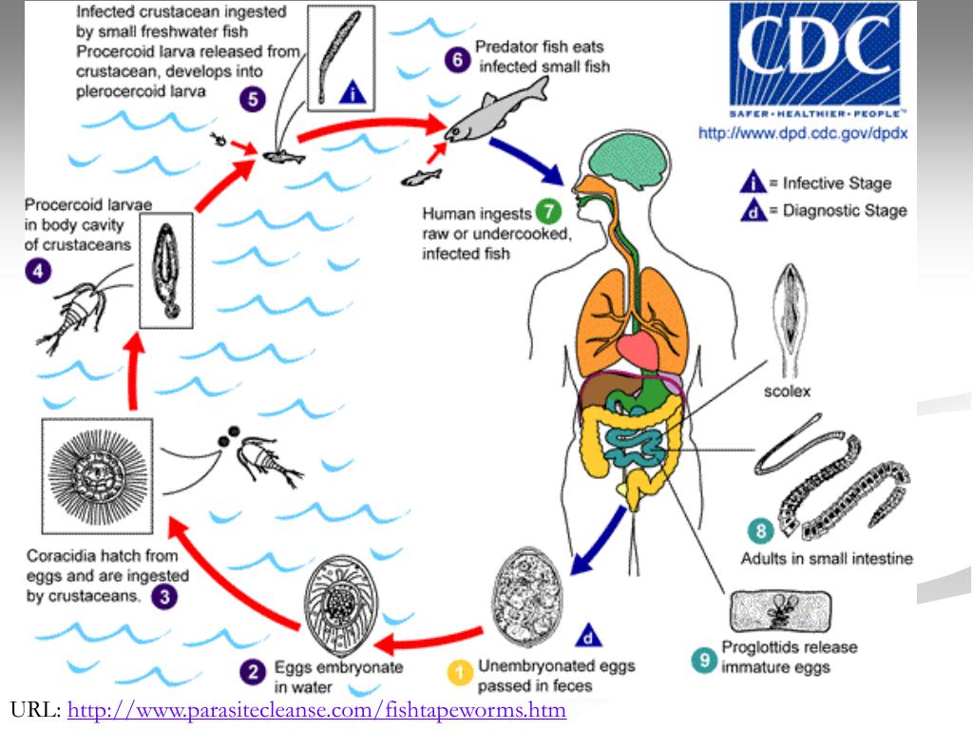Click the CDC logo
coord(813,57)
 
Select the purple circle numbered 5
coord(252,98)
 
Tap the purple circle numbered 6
coord(458,59)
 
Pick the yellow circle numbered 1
coord(460,674)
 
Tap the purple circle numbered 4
coord(36,271)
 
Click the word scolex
coord(787,391)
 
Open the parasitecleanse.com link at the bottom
coord(316,710)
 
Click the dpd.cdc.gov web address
coord(803,134)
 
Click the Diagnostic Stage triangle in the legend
coord(753,211)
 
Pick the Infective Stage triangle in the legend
coord(753,182)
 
